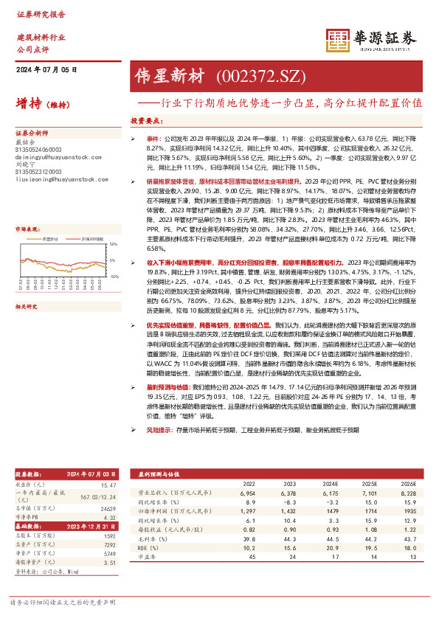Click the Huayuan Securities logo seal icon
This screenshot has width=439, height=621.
coord(338,41)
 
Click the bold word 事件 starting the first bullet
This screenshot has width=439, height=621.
coord(153,138)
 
